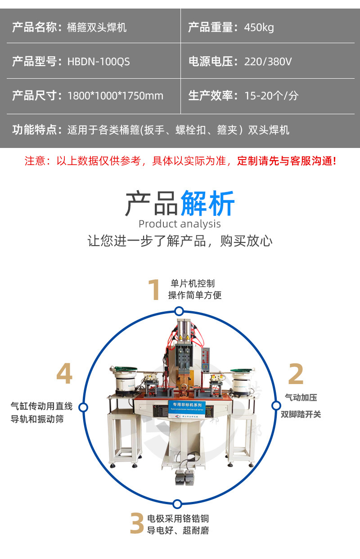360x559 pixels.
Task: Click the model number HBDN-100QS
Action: point(99,62)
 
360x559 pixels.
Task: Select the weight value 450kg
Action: point(259,27)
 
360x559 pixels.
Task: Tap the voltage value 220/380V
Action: point(268,62)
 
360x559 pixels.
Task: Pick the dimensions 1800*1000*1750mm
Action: point(115,96)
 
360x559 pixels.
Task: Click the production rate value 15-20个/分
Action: point(271,96)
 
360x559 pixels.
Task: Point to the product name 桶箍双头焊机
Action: point(97,27)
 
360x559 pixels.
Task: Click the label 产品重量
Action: point(211,27)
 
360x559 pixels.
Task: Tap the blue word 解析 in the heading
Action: point(207,204)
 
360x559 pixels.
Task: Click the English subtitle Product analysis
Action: point(180,224)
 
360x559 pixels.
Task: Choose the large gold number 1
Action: point(154,290)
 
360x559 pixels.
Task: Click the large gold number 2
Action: point(296,374)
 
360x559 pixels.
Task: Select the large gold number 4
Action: point(64,374)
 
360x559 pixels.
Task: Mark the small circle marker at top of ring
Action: point(179,311)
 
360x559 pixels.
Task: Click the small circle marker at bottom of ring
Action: point(177,504)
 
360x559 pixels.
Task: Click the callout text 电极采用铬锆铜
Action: point(178,519)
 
